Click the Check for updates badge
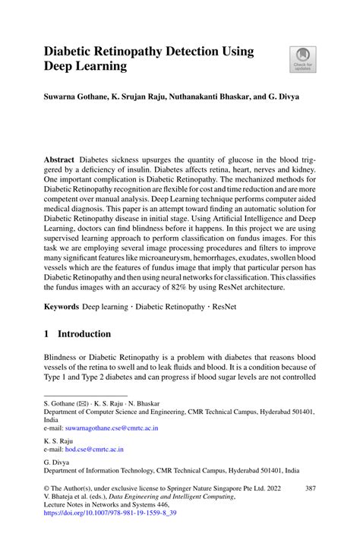(x=303, y=60)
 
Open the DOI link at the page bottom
(x=110, y=513)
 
